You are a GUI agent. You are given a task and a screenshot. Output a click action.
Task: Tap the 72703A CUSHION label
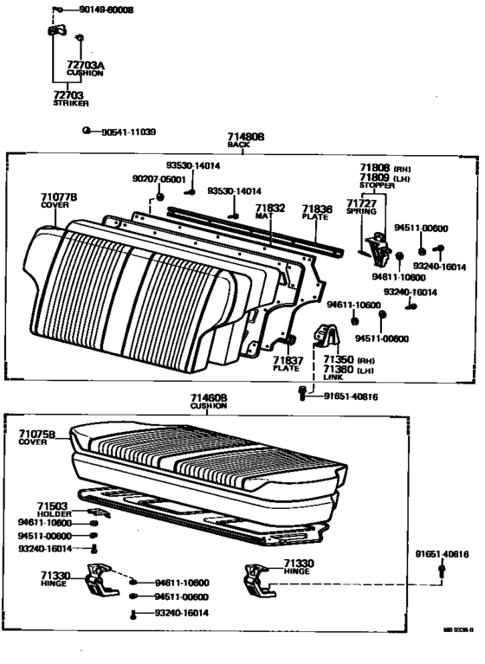[85, 68]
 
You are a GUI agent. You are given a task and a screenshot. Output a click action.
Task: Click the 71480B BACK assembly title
[245, 141]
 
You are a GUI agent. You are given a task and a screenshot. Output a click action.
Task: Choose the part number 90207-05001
[158, 178]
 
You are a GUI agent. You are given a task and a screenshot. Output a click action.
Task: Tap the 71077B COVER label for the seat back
[59, 203]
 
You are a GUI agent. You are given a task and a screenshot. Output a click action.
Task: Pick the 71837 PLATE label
[287, 363]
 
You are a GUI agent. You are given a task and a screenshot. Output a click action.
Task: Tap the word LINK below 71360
[333, 377]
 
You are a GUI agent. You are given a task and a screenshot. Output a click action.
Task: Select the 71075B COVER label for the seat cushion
[36, 437]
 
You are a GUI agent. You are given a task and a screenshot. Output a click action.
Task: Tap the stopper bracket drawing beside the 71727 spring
[378, 248]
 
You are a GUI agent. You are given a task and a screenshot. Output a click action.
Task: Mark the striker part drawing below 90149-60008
[56, 31]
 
